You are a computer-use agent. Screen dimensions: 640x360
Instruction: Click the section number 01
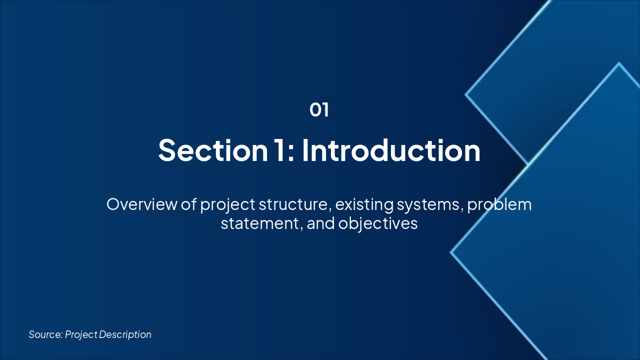coord(319,110)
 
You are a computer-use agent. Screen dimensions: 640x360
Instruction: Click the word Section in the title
coord(213,150)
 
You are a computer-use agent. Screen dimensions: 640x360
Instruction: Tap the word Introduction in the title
coord(391,150)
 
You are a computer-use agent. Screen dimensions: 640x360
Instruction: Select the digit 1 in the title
coord(281,150)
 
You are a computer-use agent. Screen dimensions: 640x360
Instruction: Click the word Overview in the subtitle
coord(141,204)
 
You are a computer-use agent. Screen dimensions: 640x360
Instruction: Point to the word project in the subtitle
coord(227,205)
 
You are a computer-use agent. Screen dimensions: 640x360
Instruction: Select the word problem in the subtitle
coord(499,205)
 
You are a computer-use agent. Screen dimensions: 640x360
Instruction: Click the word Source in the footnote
coord(45,334)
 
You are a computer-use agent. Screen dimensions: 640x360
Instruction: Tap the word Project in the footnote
coord(81,335)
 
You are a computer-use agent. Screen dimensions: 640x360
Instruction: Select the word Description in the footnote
coord(125,335)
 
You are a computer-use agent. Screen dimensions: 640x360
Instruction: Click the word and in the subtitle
coord(320,223)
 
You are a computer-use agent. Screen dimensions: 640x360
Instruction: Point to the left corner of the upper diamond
coord(465,94)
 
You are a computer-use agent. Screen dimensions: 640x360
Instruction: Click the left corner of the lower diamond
coord(450,252)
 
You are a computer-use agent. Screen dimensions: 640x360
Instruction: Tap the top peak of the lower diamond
coord(619,63)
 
